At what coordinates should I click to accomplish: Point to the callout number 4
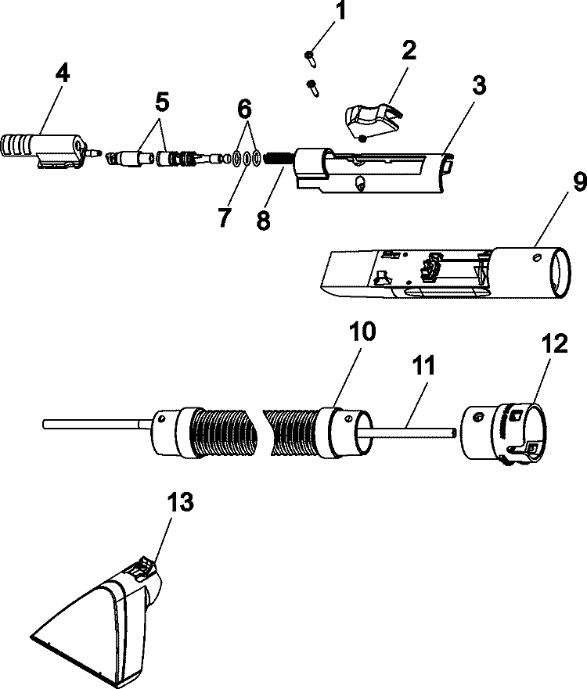click(62, 74)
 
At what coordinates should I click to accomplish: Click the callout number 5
click(162, 102)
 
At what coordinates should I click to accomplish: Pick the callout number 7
click(225, 217)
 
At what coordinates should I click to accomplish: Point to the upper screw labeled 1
click(311, 56)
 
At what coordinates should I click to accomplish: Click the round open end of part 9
click(561, 270)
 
